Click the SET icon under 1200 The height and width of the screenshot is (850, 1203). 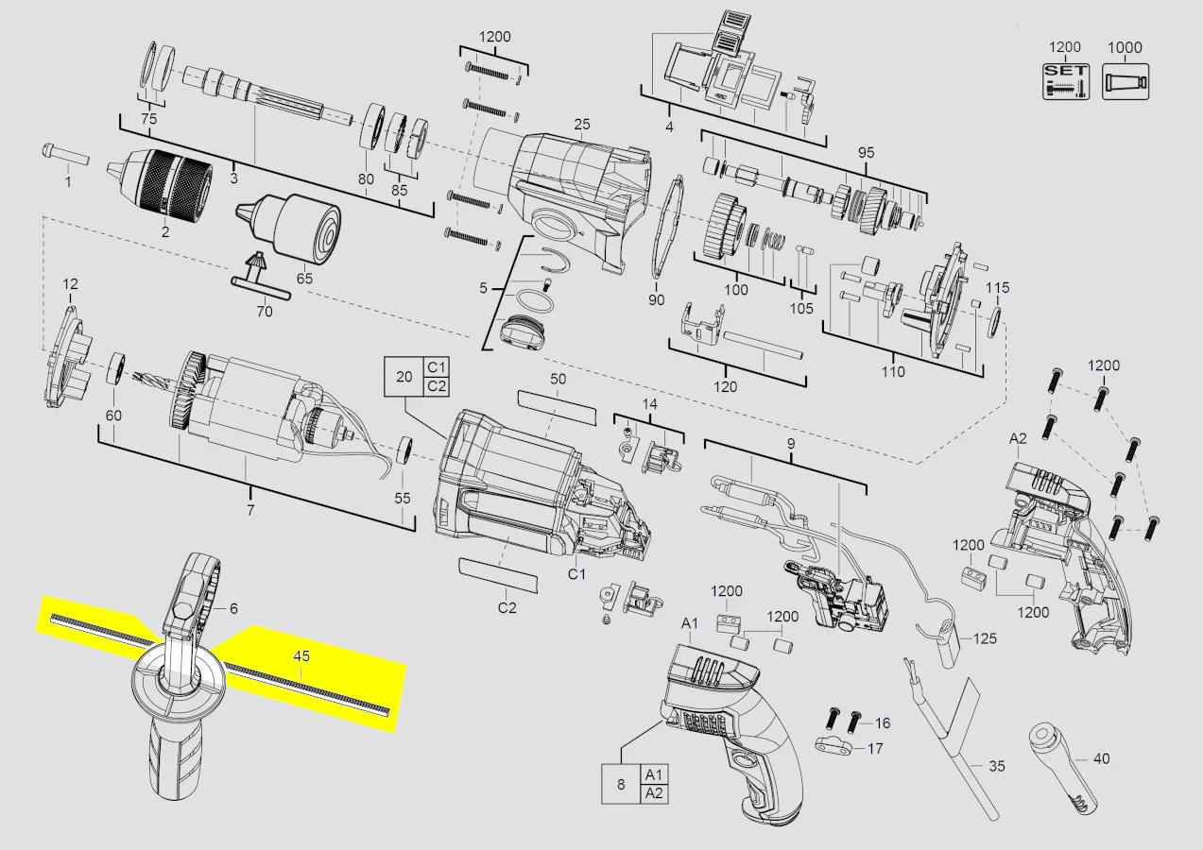[x=1066, y=81]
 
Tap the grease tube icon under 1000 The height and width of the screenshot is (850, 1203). [x=1126, y=81]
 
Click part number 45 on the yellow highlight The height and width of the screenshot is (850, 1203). [x=301, y=656]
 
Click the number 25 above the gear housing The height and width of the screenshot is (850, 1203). [x=581, y=125]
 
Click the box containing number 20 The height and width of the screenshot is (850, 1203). [x=404, y=377]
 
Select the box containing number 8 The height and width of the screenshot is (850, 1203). [x=621, y=784]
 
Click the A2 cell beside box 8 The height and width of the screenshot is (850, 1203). [x=654, y=793]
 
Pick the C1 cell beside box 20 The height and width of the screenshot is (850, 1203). [x=436, y=367]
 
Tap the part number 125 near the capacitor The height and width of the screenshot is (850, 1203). [x=985, y=638]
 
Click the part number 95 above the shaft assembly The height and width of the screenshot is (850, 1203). [x=866, y=153]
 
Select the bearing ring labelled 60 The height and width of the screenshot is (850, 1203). [x=116, y=368]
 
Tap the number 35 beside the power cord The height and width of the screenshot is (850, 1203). [x=997, y=766]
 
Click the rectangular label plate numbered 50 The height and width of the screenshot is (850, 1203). [x=557, y=408]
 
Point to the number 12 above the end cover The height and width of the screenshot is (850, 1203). [x=70, y=284]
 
